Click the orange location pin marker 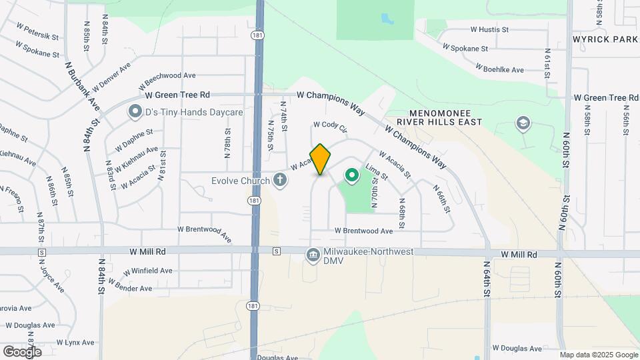pyautogui.click(x=320, y=159)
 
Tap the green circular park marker pyautogui.click(x=351, y=175)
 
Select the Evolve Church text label pyautogui.click(x=239, y=181)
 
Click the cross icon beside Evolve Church pyautogui.click(x=280, y=180)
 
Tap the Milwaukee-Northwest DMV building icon pyautogui.click(x=312, y=255)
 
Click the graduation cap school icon pyautogui.click(x=523, y=123)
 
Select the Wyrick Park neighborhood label pyautogui.click(x=605, y=39)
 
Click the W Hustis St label pyautogui.click(x=489, y=29)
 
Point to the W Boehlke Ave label pyautogui.click(x=499, y=69)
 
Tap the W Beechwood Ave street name pyautogui.click(x=167, y=81)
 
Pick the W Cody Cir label pyautogui.click(x=331, y=125)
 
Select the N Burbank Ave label pyautogui.click(x=82, y=87)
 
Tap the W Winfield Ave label pyautogui.click(x=148, y=271)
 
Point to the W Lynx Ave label pyautogui.click(x=75, y=342)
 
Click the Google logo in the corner pyautogui.click(x=22, y=351)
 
